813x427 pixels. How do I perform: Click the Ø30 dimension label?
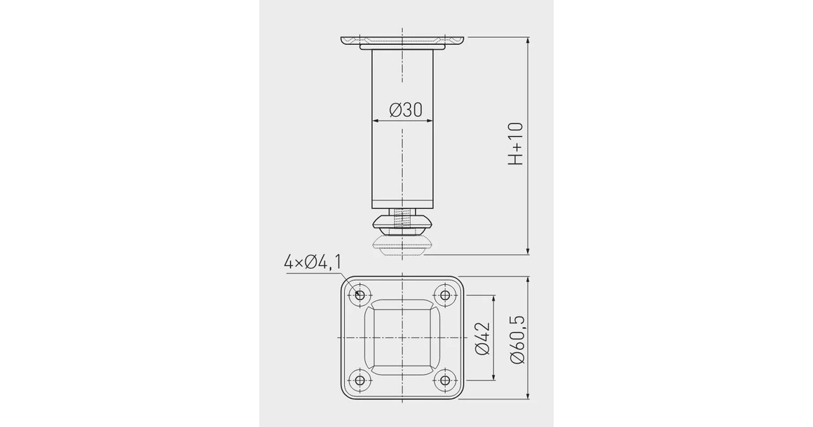click(406, 110)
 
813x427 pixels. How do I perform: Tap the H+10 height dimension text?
click(515, 143)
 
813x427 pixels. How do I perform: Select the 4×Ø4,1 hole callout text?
click(313, 262)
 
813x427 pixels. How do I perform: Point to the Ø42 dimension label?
click(482, 339)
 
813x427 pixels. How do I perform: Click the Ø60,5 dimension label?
click(517, 339)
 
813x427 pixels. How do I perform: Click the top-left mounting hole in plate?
click(360, 295)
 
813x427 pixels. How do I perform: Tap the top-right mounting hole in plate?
click(444, 295)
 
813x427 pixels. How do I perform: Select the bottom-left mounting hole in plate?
click(360, 380)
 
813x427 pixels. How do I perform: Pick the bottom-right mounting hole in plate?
click(444, 380)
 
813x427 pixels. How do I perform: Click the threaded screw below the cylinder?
click(402, 218)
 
